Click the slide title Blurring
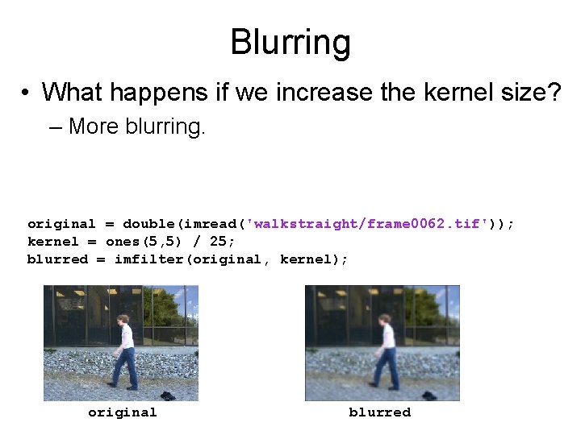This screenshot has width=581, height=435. [x=290, y=42]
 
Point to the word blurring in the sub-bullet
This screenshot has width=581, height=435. [x=165, y=126]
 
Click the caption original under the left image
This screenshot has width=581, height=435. [x=122, y=412]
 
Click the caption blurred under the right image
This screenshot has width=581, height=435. [x=379, y=412]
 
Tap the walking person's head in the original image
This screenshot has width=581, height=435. [x=123, y=320]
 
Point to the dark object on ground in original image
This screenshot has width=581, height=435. [x=166, y=395]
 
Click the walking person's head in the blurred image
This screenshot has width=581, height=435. [x=385, y=320]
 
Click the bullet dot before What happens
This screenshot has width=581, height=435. [x=27, y=93]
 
